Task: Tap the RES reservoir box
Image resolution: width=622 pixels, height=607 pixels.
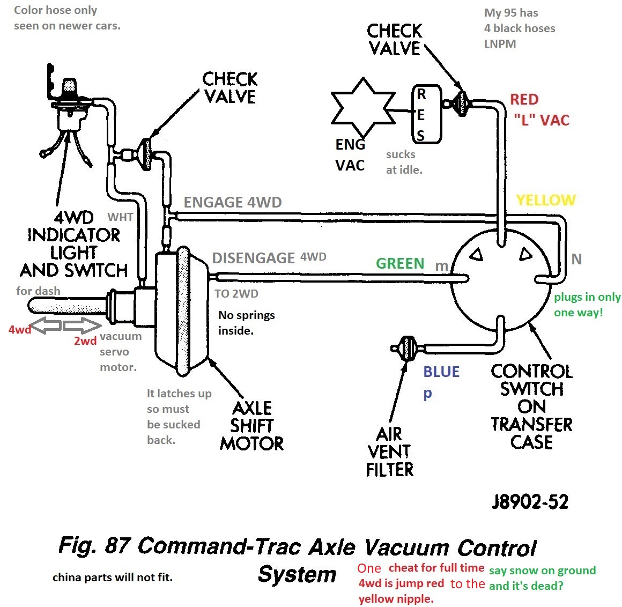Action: [427, 115]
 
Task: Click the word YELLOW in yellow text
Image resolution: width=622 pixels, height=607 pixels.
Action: [545, 201]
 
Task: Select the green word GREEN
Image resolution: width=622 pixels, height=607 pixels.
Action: [400, 264]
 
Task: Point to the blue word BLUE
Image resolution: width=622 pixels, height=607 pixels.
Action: [441, 372]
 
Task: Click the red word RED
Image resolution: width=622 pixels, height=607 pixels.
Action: [524, 100]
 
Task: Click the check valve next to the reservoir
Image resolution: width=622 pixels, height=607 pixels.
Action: [461, 103]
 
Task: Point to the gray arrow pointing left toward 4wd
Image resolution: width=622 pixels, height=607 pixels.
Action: [47, 325]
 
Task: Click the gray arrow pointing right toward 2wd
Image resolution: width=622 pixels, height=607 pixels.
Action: [82, 325]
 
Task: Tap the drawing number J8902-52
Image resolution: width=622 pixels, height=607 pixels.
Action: [530, 502]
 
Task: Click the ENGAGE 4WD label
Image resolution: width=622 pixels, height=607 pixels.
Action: [232, 203]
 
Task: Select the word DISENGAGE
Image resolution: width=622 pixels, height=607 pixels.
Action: [253, 258]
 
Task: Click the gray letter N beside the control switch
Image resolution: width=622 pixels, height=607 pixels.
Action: [576, 260]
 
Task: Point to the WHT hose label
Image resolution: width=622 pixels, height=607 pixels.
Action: [120, 217]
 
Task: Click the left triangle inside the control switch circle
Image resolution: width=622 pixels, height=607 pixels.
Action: [476, 255]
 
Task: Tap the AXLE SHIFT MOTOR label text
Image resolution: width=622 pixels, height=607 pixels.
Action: [251, 426]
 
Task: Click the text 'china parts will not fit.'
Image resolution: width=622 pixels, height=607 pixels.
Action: [113, 578]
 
